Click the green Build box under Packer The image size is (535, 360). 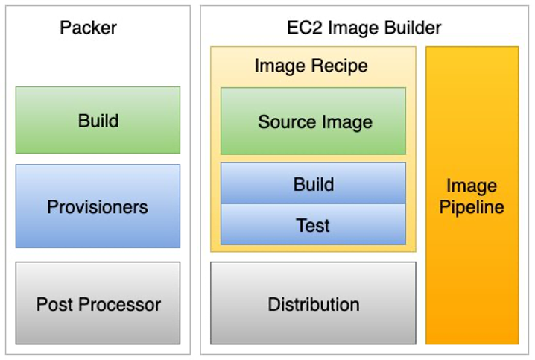[98, 120]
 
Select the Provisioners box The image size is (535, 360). [98, 206]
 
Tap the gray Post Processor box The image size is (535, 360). [98, 303]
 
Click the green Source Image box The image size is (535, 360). [314, 121]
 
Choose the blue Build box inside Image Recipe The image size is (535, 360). [314, 184]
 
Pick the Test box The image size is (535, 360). [314, 225]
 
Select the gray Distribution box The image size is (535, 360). [314, 303]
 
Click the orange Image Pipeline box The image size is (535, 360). [472, 196]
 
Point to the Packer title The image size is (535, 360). [88, 28]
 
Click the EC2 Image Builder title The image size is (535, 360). [364, 28]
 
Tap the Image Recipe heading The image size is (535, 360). [311, 66]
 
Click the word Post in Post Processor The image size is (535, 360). [54, 304]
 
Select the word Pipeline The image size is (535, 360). [472, 207]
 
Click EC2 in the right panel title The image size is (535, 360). [303, 28]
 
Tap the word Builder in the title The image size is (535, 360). [412, 28]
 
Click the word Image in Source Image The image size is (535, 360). [346, 121]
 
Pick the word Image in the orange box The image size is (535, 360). [472, 185]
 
